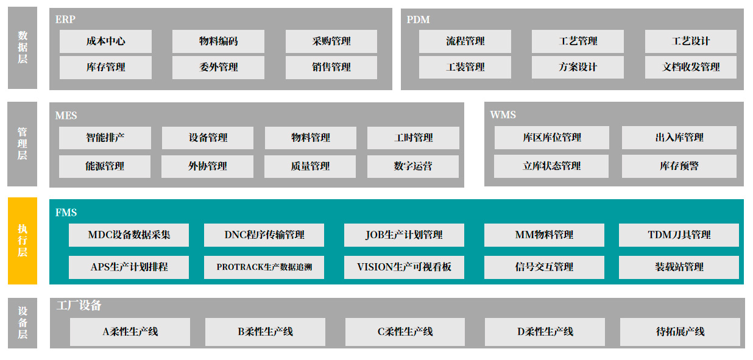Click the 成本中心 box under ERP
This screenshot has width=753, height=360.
click(105, 41)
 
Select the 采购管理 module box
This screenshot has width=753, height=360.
click(331, 41)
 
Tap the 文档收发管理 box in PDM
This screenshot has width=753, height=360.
click(690, 67)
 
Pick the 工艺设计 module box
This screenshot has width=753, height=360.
click(690, 41)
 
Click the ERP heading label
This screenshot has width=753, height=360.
click(65, 19)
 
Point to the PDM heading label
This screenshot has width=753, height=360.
click(418, 19)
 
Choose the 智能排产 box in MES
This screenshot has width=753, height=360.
click(105, 138)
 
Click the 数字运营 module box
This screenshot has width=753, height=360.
click(412, 166)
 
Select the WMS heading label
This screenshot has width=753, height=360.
click(503, 115)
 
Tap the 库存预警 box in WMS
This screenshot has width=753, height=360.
click(679, 166)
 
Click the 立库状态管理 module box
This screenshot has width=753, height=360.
click(551, 166)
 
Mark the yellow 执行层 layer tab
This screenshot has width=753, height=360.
click(23, 241)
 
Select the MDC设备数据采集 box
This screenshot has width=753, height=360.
click(129, 235)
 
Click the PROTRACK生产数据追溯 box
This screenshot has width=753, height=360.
click(264, 267)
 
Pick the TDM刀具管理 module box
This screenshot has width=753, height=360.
click(679, 235)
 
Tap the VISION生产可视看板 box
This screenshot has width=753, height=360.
click(404, 267)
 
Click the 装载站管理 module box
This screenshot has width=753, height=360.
click(679, 267)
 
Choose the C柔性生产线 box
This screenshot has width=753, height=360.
click(405, 332)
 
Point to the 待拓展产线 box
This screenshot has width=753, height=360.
click(680, 332)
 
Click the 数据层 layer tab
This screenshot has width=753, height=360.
click(23, 48)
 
